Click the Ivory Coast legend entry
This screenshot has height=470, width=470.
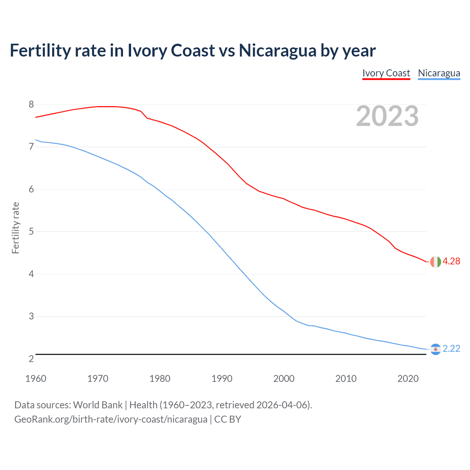pyautogui.click(x=386, y=73)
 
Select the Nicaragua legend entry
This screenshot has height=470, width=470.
pyautogui.click(x=439, y=73)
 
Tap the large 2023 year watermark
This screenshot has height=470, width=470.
pyautogui.click(x=387, y=116)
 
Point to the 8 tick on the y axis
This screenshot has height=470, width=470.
pyautogui.click(x=31, y=104)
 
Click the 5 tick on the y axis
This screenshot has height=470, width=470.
pyautogui.click(x=31, y=231)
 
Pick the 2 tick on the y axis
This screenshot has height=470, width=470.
pyautogui.click(x=31, y=359)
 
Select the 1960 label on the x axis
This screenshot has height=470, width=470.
pyautogui.click(x=36, y=379)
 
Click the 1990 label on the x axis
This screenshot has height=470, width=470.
pyautogui.click(x=222, y=379)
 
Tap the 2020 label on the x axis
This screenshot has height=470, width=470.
pyautogui.click(x=408, y=379)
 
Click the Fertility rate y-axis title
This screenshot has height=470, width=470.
pyautogui.click(x=15, y=228)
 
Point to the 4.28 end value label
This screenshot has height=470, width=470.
pyautogui.click(x=451, y=261)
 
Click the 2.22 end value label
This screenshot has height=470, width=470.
pyautogui.click(x=451, y=348)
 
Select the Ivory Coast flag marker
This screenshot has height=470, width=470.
pyautogui.click(x=435, y=262)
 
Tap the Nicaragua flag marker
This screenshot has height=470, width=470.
pyautogui.click(x=435, y=349)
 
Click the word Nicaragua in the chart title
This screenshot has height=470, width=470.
pyautogui.click(x=277, y=51)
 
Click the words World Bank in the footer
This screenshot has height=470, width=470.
pyautogui.click(x=98, y=405)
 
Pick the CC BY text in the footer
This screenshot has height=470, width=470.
pyautogui.click(x=228, y=419)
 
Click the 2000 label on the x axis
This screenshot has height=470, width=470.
pyautogui.click(x=284, y=379)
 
